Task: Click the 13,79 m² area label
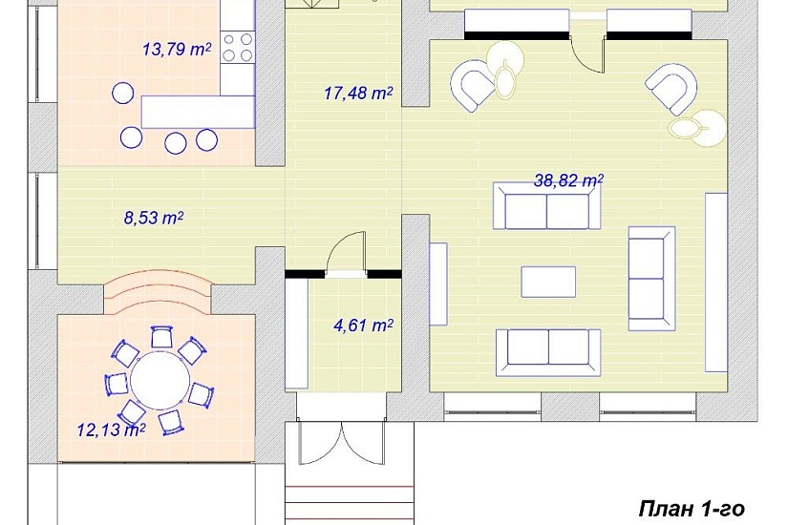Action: coord(177,50)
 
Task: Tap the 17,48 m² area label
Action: coord(358,93)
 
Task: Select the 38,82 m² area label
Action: coord(568,180)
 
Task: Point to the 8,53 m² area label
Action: coord(153,218)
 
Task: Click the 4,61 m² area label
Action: coord(363,325)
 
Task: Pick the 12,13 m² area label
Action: coord(111,430)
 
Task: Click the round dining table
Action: coord(160,380)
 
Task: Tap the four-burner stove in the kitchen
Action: coord(238,47)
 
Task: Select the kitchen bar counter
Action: coord(198,112)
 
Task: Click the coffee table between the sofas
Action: coord(548,282)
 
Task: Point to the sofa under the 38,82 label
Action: coord(546,206)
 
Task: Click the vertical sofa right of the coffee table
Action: coord(651,279)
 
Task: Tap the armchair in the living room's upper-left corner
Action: coord(473,84)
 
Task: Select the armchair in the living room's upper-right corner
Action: coord(671,89)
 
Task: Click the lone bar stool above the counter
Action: coord(122,93)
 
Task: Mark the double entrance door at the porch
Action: coord(342,443)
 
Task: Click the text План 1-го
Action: coord(692,509)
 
